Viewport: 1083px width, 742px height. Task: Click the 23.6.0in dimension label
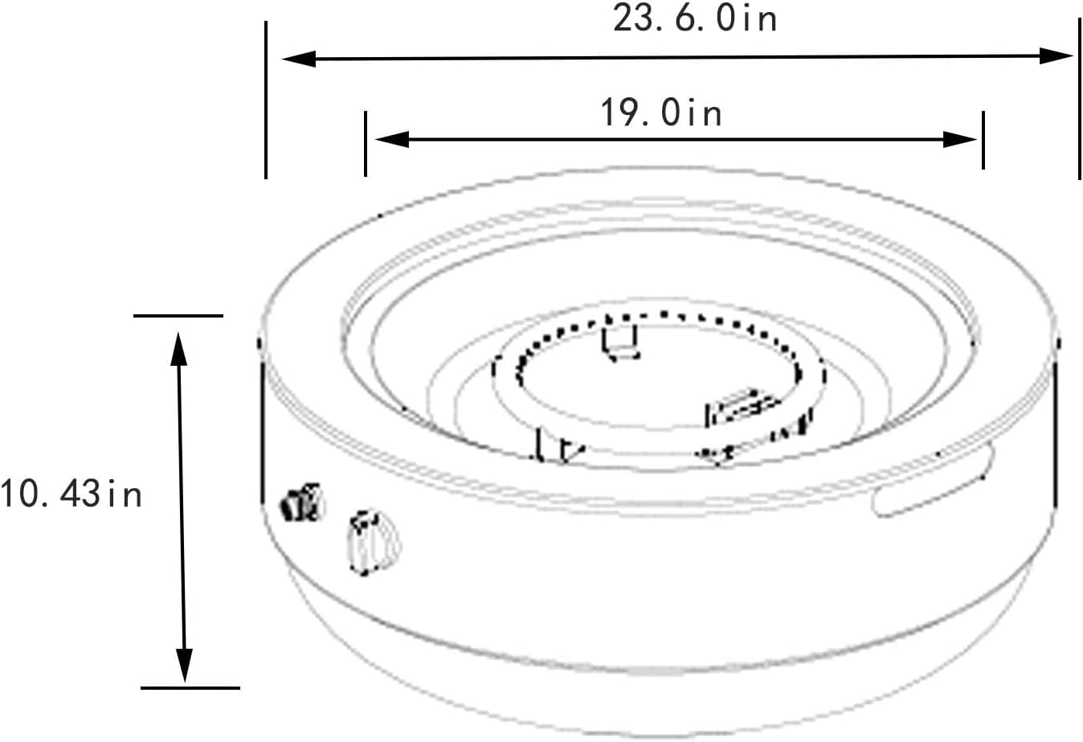pyautogui.click(x=695, y=19)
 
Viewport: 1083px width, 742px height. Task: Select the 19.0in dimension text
pyautogui.click(x=661, y=113)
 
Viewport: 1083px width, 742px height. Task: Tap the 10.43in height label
pyautogui.click(x=71, y=494)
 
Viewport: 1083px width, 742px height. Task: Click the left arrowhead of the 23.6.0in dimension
pyautogui.click(x=299, y=59)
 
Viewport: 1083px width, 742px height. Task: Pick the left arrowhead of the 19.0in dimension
pyautogui.click(x=392, y=139)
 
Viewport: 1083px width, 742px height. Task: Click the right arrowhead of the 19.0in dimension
pyautogui.click(x=960, y=140)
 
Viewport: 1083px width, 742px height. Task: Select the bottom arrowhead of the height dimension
pyautogui.click(x=184, y=665)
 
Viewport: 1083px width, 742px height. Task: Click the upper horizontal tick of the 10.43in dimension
pyautogui.click(x=178, y=316)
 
